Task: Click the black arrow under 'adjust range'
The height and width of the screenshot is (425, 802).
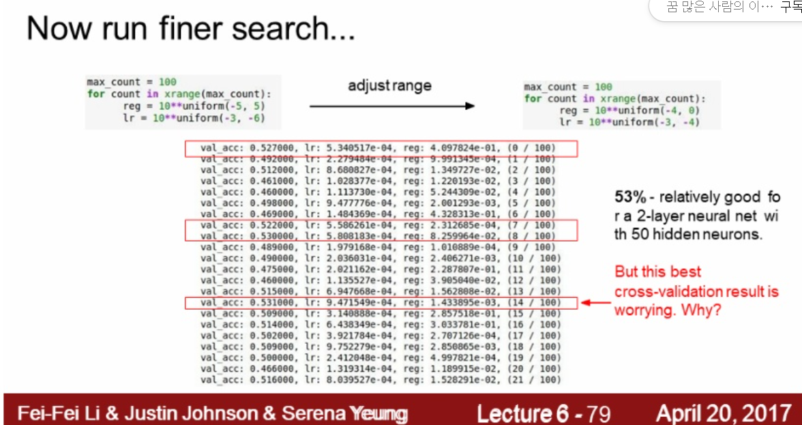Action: [391, 106]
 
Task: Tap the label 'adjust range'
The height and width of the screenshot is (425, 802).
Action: [389, 85]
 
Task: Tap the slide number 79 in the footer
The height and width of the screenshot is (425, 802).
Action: [598, 413]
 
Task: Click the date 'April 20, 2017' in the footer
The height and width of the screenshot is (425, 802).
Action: [724, 413]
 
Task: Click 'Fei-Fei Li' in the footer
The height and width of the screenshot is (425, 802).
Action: [51, 413]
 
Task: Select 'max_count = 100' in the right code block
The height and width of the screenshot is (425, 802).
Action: [568, 87]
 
